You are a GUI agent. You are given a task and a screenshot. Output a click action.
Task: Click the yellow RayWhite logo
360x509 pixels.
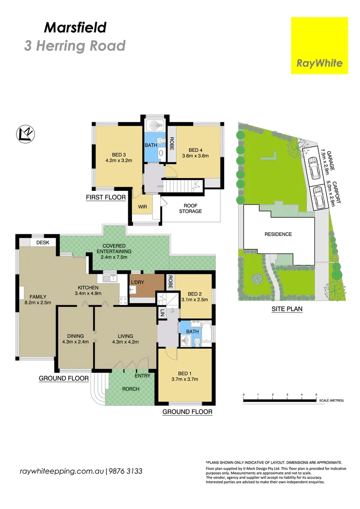coord(319,45)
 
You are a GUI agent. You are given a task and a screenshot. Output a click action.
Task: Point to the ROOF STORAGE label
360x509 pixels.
coord(190,208)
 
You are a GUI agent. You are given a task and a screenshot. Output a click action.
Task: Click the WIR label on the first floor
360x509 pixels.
coord(143,206)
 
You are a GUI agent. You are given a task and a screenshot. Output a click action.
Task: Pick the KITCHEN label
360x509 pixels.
coord(88,287)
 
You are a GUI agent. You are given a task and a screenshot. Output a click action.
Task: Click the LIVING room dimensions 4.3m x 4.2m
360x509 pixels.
coord(125,343)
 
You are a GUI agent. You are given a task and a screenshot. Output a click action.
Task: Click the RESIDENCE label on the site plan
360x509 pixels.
coord(278,234)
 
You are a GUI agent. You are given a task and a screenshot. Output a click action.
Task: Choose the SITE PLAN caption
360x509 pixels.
coord(286,310)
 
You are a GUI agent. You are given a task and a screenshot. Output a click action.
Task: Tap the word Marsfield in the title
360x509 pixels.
coord(75,27)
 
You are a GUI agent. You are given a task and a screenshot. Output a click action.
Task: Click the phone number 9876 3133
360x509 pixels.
coord(126,471)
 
